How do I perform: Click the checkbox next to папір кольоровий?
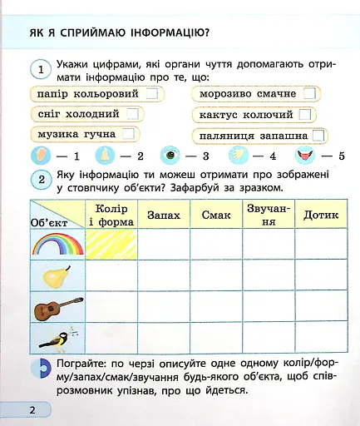click(151, 94)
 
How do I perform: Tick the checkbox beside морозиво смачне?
click(309, 94)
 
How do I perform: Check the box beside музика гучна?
click(129, 133)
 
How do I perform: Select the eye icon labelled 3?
click(171, 155)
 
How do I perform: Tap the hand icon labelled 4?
click(237, 155)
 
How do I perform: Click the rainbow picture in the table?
click(57, 244)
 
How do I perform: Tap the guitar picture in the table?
click(57, 310)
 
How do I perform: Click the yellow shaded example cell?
click(111, 245)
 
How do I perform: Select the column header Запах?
click(163, 215)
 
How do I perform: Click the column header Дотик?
click(320, 215)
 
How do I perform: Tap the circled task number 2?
click(41, 179)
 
